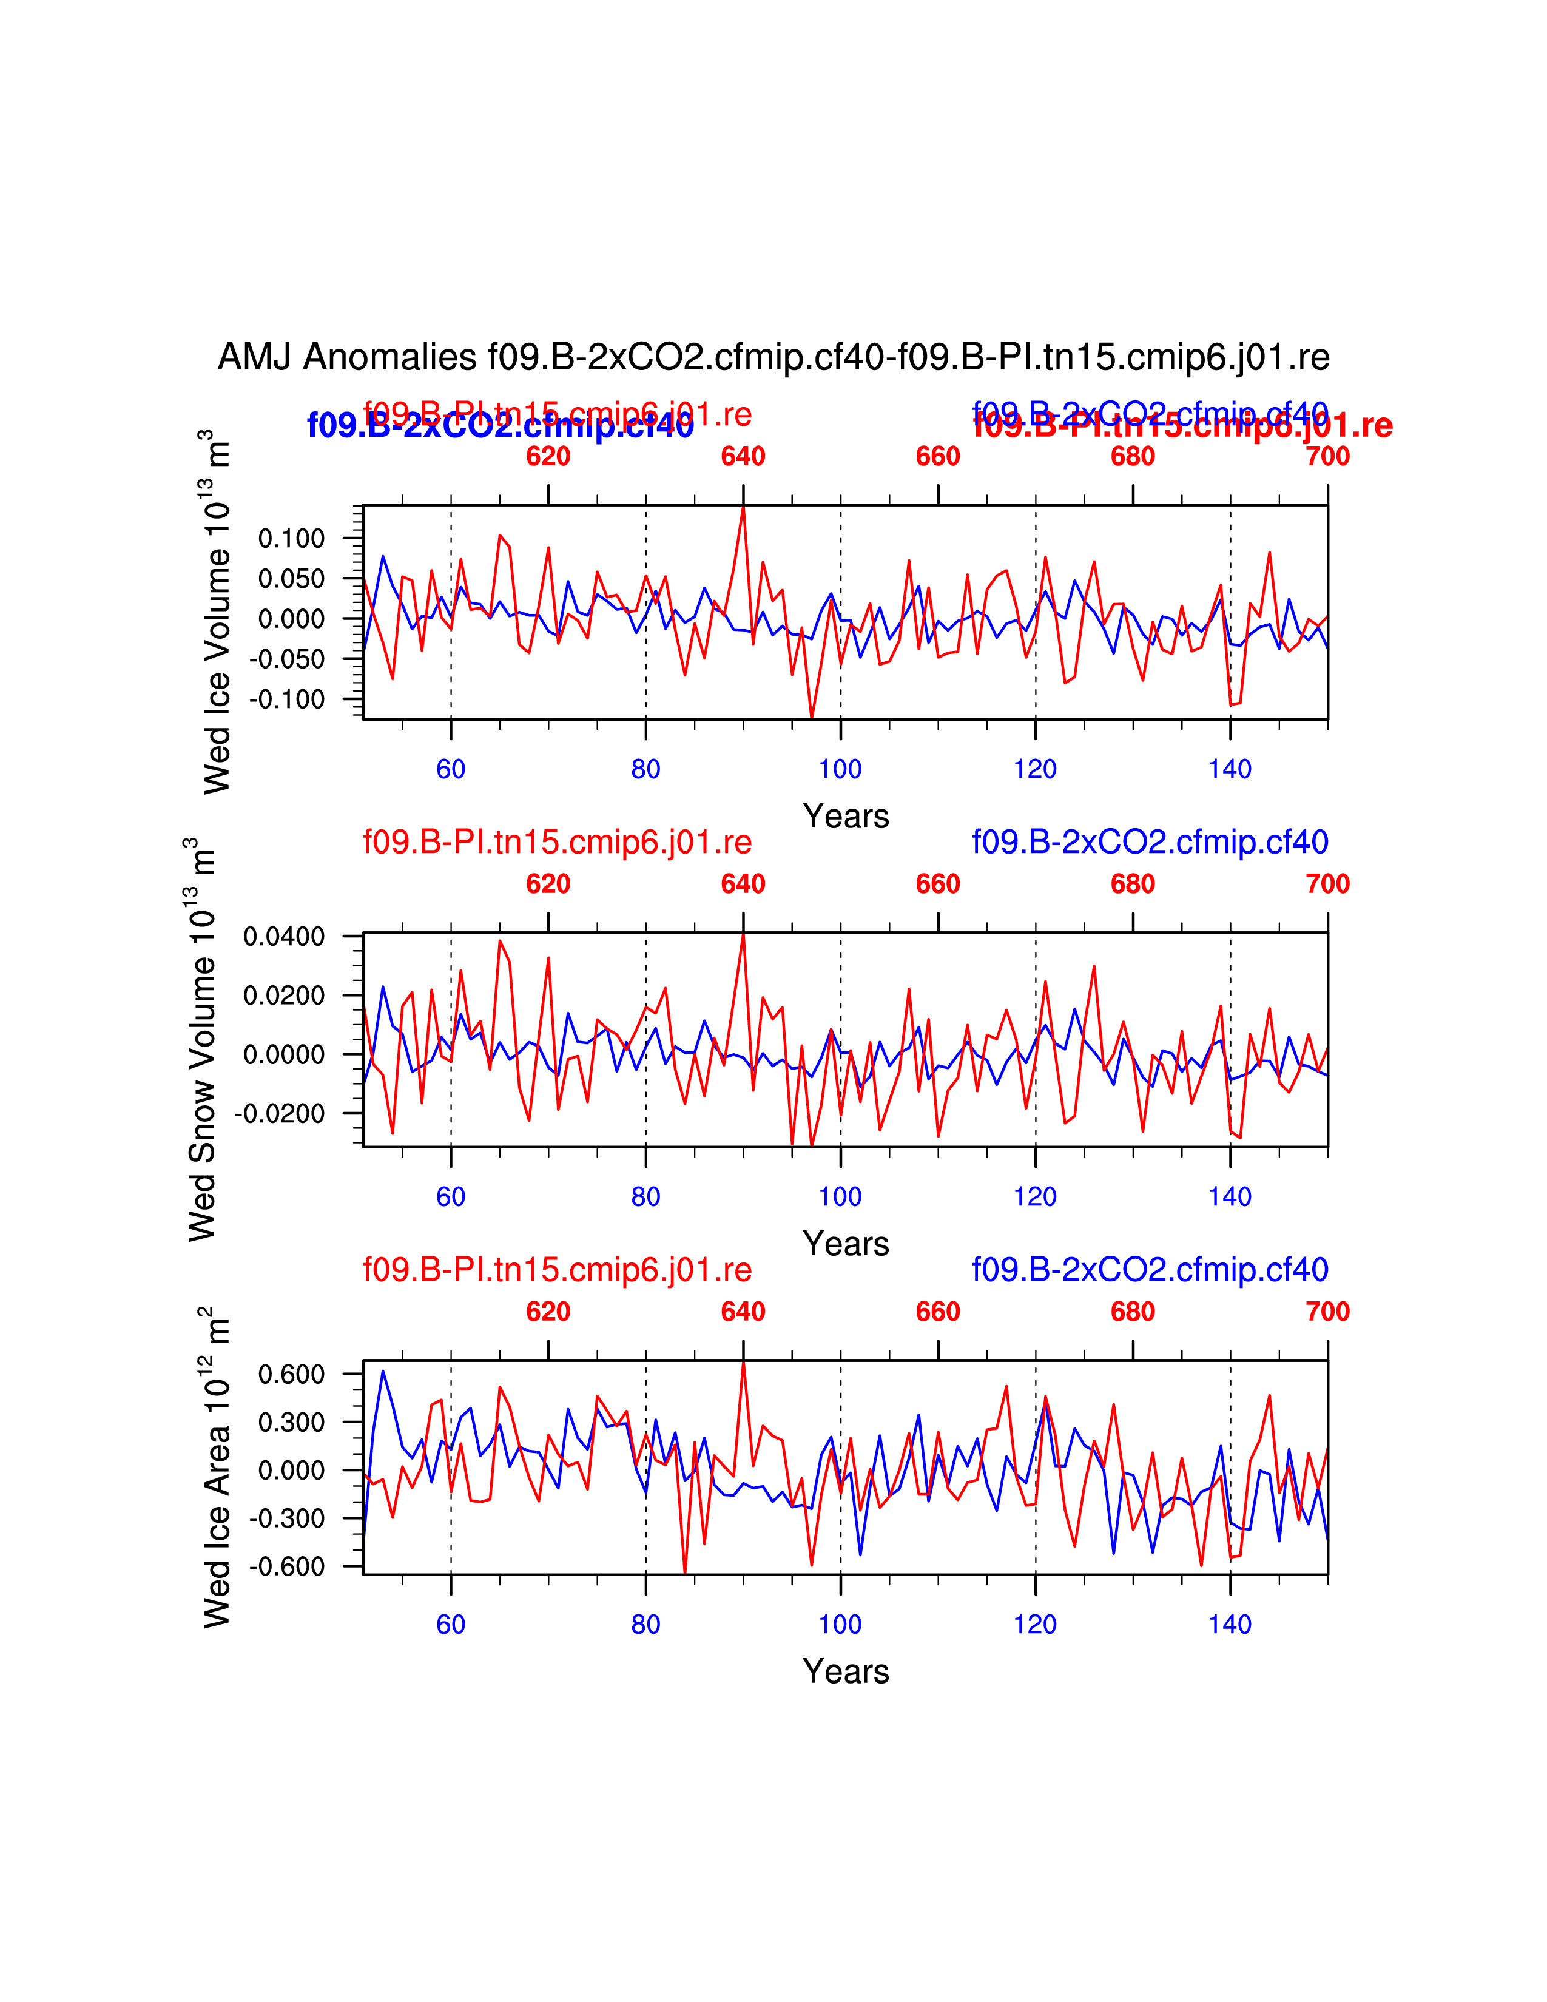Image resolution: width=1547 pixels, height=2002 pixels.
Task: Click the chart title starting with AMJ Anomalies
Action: coord(772,357)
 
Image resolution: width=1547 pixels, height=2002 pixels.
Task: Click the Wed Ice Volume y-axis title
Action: coord(217,612)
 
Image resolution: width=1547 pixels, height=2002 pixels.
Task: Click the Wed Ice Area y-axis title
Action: coord(217,1467)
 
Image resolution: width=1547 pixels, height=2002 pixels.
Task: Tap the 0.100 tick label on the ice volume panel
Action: coord(291,538)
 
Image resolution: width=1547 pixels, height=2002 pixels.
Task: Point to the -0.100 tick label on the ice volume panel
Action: coord(287,699)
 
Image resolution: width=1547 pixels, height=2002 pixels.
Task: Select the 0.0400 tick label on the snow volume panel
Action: coord(284,936)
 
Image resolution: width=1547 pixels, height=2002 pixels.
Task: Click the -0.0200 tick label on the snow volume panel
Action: coord(280,1114)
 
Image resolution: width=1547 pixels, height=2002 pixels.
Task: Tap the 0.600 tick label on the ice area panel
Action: coord(291,1374)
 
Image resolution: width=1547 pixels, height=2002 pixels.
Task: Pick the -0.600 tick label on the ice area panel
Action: coord(287,1566)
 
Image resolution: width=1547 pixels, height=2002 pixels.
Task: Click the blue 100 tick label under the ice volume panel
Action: coord(840,769)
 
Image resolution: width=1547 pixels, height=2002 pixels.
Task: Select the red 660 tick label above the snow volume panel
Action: coord(937,884)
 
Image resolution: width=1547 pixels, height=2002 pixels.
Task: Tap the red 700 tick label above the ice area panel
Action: coord(1327,1312)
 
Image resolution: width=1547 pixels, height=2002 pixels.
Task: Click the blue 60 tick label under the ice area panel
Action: coord(451,1624)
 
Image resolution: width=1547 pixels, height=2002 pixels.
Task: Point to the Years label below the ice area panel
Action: coord(845,1671)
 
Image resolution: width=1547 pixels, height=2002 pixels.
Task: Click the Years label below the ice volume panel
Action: coord(845,816)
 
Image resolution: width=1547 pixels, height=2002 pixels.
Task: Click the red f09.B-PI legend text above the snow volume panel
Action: coord(557,841)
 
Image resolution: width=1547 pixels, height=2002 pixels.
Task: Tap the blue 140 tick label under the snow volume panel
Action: coord(1230,1196)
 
